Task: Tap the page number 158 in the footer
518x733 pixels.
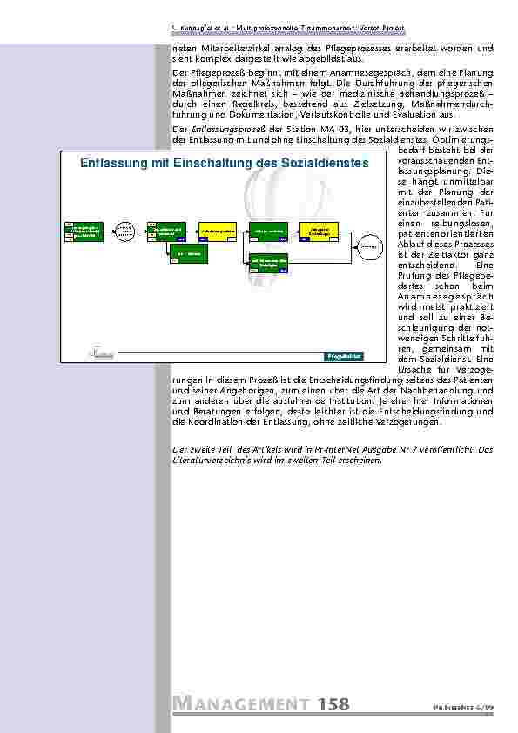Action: point(333,704)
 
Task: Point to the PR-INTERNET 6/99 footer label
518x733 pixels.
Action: point(469,708)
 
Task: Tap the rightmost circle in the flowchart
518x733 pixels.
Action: point(372,246)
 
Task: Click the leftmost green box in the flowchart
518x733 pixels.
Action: point(84,230)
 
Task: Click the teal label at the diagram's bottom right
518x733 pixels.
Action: point(343,356)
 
